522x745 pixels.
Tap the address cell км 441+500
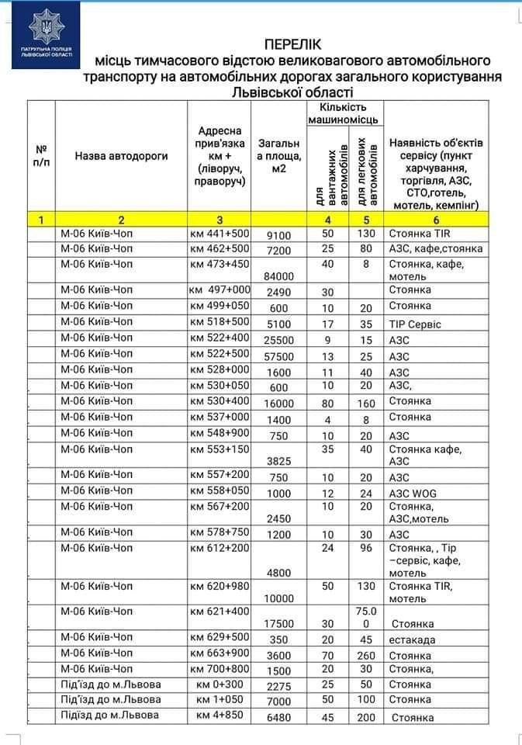click(x=220, y=233)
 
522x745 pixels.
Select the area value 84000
click(x=278, y=276)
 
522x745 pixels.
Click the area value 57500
click(x=278, y=356)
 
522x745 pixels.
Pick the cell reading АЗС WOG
click(x=414, y=493)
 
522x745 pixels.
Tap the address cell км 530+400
click(x=220, y=400)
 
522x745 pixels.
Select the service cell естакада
click(x=412, y=640)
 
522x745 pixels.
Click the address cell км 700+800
click(x=220, y=668)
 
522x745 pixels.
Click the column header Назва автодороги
click(x=122, y=156)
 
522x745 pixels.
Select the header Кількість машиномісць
click(x=343, y=113)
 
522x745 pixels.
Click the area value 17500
click(x=278, y=624)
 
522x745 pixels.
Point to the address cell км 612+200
click(x=220, y=548)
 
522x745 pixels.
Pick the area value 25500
click(x=278, y=341)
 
